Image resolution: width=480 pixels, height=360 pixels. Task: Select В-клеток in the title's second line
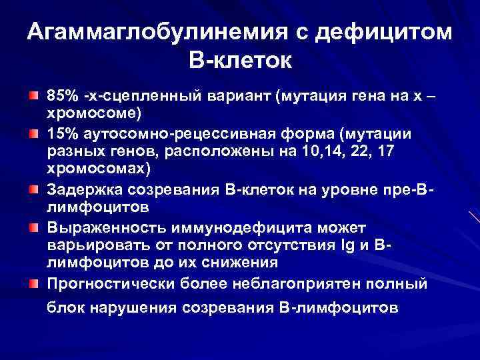click(240, 61)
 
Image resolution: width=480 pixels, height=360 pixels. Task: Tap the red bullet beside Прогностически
click(33, 284)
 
